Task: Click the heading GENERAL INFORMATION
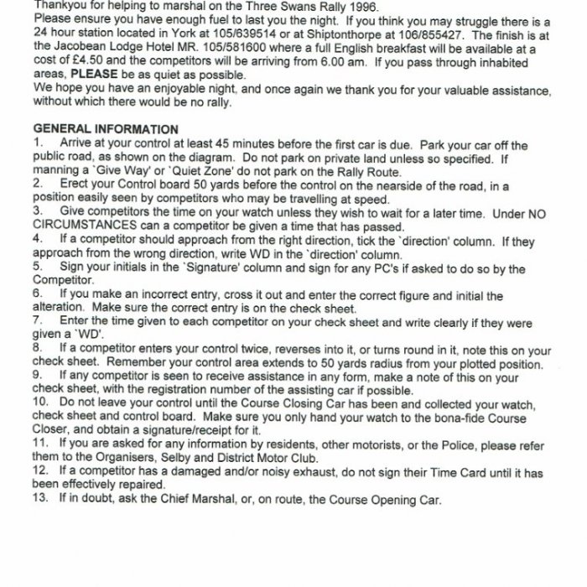105,129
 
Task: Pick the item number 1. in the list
38,143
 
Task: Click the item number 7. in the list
38,320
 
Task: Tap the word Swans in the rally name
261,4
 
